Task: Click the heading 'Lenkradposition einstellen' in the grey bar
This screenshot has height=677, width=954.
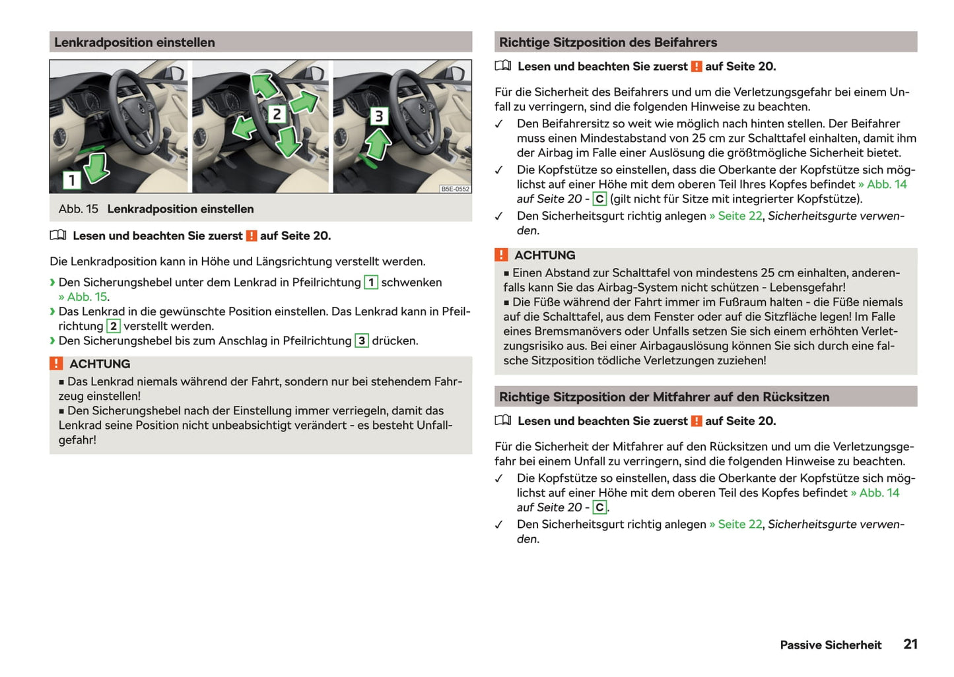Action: click(135, 42)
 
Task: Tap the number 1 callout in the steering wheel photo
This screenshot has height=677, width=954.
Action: click(71, 179)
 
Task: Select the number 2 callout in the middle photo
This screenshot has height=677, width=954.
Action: click(277, 114)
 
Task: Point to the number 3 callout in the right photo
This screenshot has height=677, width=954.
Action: click(378, 116)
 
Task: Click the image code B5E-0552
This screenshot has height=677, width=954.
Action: click(455, 189)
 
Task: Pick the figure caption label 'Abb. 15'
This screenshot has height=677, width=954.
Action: click(78, 209)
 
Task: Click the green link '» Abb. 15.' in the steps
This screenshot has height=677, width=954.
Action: click(84, 297)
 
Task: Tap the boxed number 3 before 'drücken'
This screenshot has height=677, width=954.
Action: click(362, 340)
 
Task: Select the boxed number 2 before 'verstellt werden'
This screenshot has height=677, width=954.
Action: click(114, 326)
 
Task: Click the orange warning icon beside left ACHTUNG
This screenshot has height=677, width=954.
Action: click(57, 364)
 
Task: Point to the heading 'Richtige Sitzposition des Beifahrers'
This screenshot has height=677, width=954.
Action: click(607, 42)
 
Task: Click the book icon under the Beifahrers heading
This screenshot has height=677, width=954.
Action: click(503, 66)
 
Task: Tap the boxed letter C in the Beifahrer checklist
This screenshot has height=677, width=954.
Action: click(599, 199)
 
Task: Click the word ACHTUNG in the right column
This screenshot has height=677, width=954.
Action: click(545, 255)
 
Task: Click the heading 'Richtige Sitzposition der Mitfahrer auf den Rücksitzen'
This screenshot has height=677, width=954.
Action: click(664, 397)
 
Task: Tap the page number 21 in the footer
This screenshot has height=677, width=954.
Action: click(910, 644)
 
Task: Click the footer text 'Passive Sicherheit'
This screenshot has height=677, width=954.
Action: click(831, 645)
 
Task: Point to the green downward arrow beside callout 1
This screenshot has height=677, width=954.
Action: click(97, 167)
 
